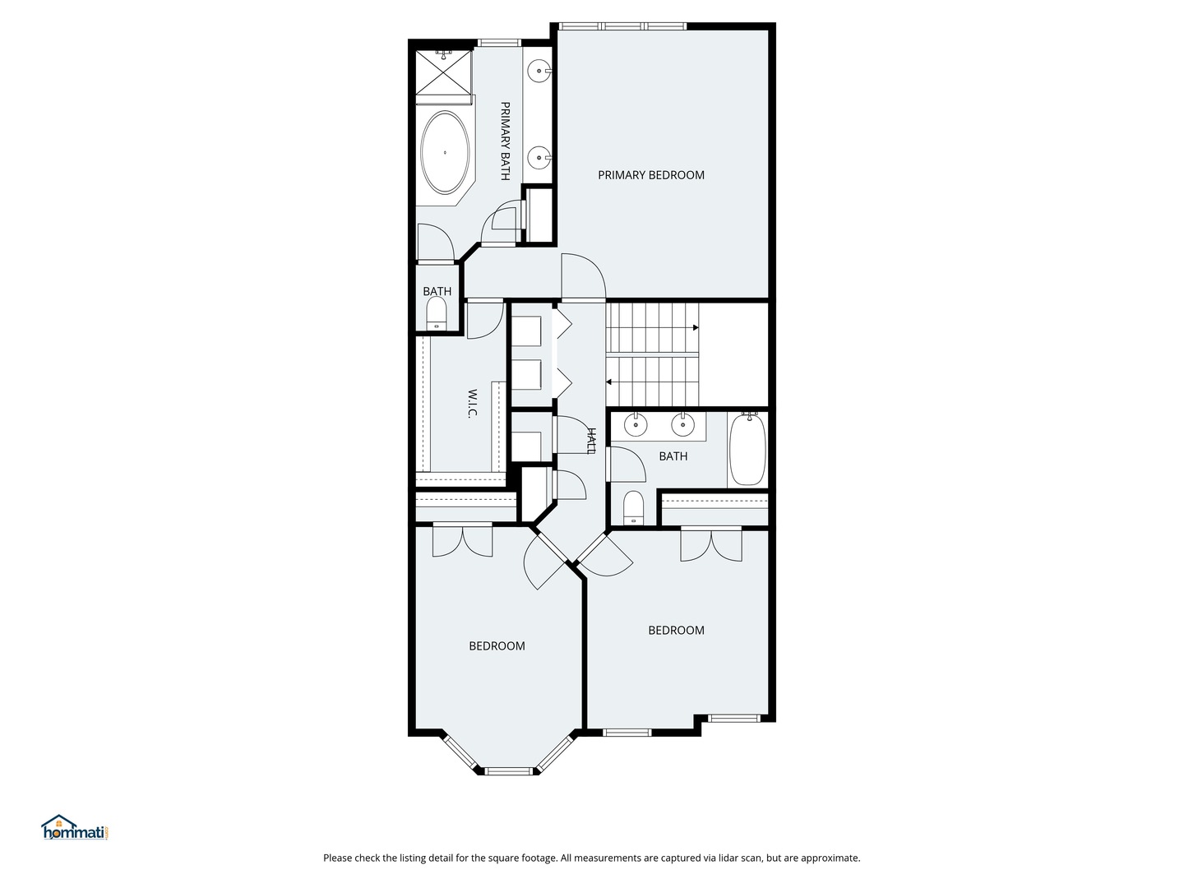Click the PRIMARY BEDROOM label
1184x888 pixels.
[650, 175]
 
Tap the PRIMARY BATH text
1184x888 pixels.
[505, 141]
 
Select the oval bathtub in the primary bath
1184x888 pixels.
[446, 153]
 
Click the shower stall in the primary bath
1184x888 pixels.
[444, 72]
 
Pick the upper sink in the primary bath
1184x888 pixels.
[539, 72]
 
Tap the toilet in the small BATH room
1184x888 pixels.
[437, 314]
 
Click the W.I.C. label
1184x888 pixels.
[473, 403]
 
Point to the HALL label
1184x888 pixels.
[590, 440]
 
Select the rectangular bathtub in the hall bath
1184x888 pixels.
[747, 451]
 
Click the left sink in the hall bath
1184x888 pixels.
[636, 425]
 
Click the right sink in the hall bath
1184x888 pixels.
[682, 425]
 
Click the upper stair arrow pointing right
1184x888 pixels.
[695, 328]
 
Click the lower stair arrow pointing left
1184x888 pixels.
[610, 382]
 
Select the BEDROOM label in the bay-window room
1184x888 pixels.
[497, 646]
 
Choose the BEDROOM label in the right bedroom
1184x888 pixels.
[676, 631]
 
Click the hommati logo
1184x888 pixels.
[75, 829]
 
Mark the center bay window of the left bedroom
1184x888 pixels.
[508, 771]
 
